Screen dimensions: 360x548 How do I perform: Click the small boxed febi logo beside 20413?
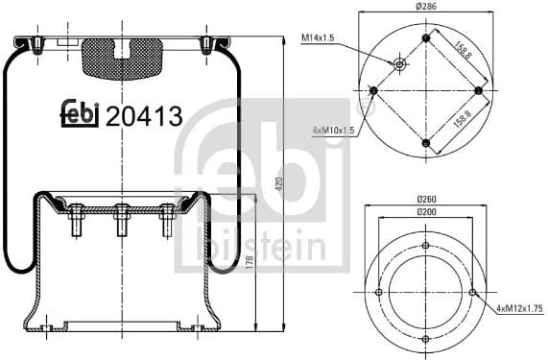coord(81,114)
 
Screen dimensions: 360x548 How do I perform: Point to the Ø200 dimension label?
coord(425,211)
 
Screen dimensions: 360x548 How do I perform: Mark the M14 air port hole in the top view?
coord(400,64)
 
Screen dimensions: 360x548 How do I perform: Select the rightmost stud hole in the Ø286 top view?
coord(477,90)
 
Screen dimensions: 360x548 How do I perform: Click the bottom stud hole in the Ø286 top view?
coord(425,143)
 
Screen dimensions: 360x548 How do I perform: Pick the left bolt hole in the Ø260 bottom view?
coord(379,293)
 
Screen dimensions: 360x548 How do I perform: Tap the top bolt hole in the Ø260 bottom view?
coord(425,246)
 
